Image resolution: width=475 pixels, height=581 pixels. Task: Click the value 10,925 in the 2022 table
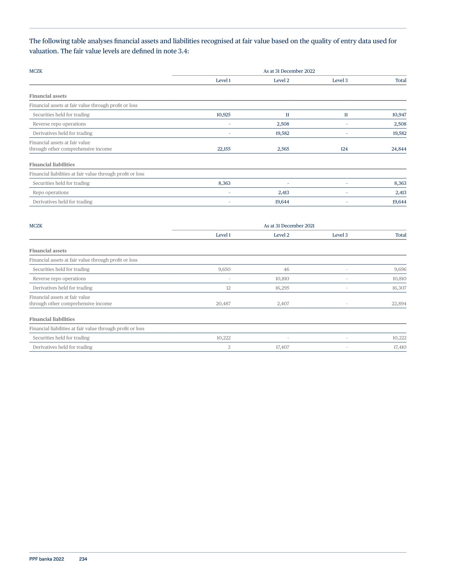point(223,115)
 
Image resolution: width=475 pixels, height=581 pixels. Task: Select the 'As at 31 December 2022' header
point(289,71)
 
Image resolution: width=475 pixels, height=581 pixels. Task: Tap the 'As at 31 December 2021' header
point(289,226)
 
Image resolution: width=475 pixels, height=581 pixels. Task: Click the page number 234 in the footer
point(83,559)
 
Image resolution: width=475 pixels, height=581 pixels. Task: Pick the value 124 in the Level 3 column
point(344,149)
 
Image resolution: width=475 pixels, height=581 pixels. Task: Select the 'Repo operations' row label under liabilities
point(51,193)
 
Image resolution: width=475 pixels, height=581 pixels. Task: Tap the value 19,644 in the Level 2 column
point(282,202)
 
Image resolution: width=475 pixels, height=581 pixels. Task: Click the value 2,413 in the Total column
point(401,193)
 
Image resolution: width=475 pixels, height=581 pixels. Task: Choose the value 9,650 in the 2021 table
point(224,270)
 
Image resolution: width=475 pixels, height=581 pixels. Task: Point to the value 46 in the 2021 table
point(286,270)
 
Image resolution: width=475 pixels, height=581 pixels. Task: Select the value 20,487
point(223,304)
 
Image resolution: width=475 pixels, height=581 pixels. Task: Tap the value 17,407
point(282,347)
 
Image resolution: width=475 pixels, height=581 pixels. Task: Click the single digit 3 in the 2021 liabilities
point(229,347)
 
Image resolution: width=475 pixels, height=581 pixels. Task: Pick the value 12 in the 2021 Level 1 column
point(228,288)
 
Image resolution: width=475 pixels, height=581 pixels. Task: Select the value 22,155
point(224,149)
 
